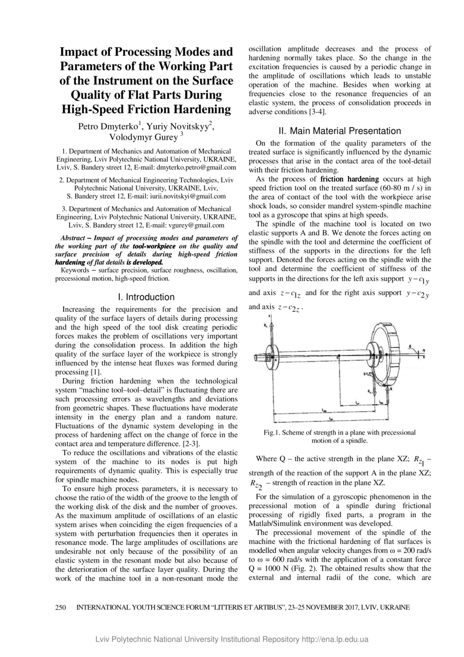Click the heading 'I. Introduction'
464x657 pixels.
(146, 297)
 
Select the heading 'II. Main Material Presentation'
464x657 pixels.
(340, 131)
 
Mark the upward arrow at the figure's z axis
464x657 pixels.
(270, 320)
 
